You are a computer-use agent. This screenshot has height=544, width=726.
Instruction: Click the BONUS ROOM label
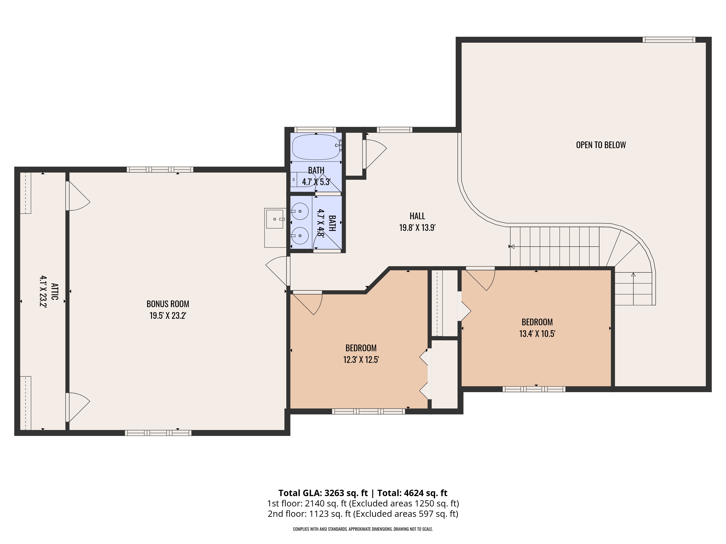pyautogui.click(x=168, y=304)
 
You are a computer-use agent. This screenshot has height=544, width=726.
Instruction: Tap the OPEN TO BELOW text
pyautogui.click(x=601, y=145)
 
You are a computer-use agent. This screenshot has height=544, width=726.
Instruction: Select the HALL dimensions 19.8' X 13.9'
pyautogui.click(x=417, y=228)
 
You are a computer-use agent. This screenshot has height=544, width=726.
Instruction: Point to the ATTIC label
pyautogui.click(x=54, y=291)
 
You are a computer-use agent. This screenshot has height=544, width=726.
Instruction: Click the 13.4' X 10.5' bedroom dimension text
pyautogui.click(x=537, y=334)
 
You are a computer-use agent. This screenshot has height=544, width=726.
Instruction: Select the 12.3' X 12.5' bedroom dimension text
pyautogui.click(x=361, y=360)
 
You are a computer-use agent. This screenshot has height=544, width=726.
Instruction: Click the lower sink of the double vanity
pyautogui.click(x=300, y=236)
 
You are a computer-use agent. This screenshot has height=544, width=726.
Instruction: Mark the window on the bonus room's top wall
pyautogui.click(x=160, y=170)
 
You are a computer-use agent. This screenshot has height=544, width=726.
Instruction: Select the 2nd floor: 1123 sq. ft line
pyautogui.click(x=363, y=514)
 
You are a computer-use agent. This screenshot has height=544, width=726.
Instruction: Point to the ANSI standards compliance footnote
pyautogui.click(x=363, y=529)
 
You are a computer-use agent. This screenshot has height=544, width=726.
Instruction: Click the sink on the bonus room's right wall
pyautogui.click(x=275, y=219)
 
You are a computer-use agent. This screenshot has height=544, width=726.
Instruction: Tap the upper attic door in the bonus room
pyautogui.click(x=78, y=196)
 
